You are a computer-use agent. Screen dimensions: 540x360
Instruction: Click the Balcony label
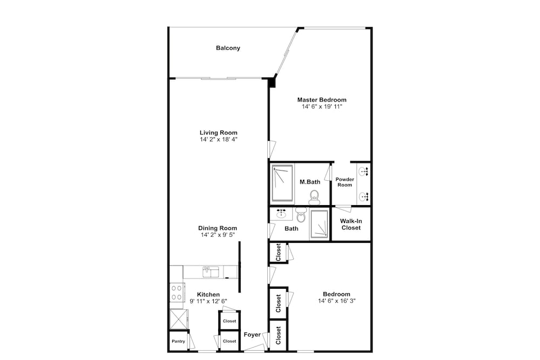pyautogui.click(x=228, y=48)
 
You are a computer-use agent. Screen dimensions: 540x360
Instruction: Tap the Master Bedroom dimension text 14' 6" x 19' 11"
pyautogui.click(x=322, y=107)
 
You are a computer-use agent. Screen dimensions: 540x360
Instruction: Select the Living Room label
pyautogui.click(x=218, y=133)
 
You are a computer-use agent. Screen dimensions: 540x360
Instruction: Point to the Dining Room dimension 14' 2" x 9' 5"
pyautogui.click(x=218, y=235)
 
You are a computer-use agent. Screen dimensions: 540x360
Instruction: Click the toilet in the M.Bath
pyautogui.click(x=314, y=197)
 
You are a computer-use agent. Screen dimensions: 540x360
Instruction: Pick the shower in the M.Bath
pyautogui.click(x=282, y=182)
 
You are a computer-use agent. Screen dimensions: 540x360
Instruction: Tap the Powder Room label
pyautogui.click(x=345, y=182)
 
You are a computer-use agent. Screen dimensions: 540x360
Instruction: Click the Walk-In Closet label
pyautogui.click(x=351, y=225)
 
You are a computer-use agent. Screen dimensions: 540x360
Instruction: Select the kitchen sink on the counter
pyautogui.click(x=211, y=272)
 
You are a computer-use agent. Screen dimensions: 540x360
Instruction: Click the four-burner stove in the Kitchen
pyautogui.click(x=177, y=293)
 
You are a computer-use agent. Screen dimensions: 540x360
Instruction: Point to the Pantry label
pyautogui.click(x=178, y=342)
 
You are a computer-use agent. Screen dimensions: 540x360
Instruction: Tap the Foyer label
pyautogui.click(x=252, y=335)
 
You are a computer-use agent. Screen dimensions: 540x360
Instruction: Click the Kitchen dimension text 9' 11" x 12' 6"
pyautogui.click(x=208, y=301)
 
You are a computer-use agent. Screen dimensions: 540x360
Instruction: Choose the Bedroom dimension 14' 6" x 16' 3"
pyautogui.click(x=337, y=301)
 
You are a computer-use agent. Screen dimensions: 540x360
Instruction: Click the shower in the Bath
pyautogui.click(x=319, y=225)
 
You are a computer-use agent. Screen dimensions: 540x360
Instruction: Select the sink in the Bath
pyautogui.click(x=282, y=214)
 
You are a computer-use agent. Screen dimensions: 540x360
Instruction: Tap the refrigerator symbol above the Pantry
pyautogui.click(x=179, y=319)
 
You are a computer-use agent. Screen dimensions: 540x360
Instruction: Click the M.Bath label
pyautogui.click(x=310, y=182)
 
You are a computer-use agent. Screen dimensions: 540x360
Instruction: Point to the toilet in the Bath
pyautogui.click(x=301, y=215)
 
